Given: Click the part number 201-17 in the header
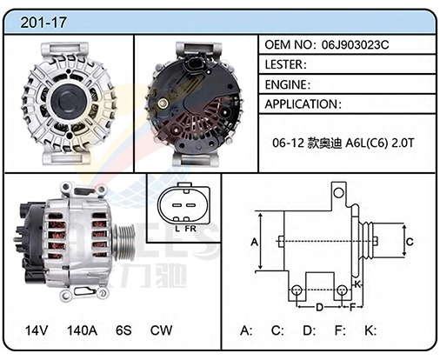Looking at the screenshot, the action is [43, 23].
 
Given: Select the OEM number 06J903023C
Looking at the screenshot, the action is [355, 44].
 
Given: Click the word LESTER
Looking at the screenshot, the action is [283, 64].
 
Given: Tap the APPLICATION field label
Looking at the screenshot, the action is [301, 104].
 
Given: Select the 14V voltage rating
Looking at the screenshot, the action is [37, 330].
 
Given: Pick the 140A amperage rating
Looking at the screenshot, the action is [82, 330].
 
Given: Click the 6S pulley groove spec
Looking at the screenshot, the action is [123, 330].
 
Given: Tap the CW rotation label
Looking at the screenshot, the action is [161, 330].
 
